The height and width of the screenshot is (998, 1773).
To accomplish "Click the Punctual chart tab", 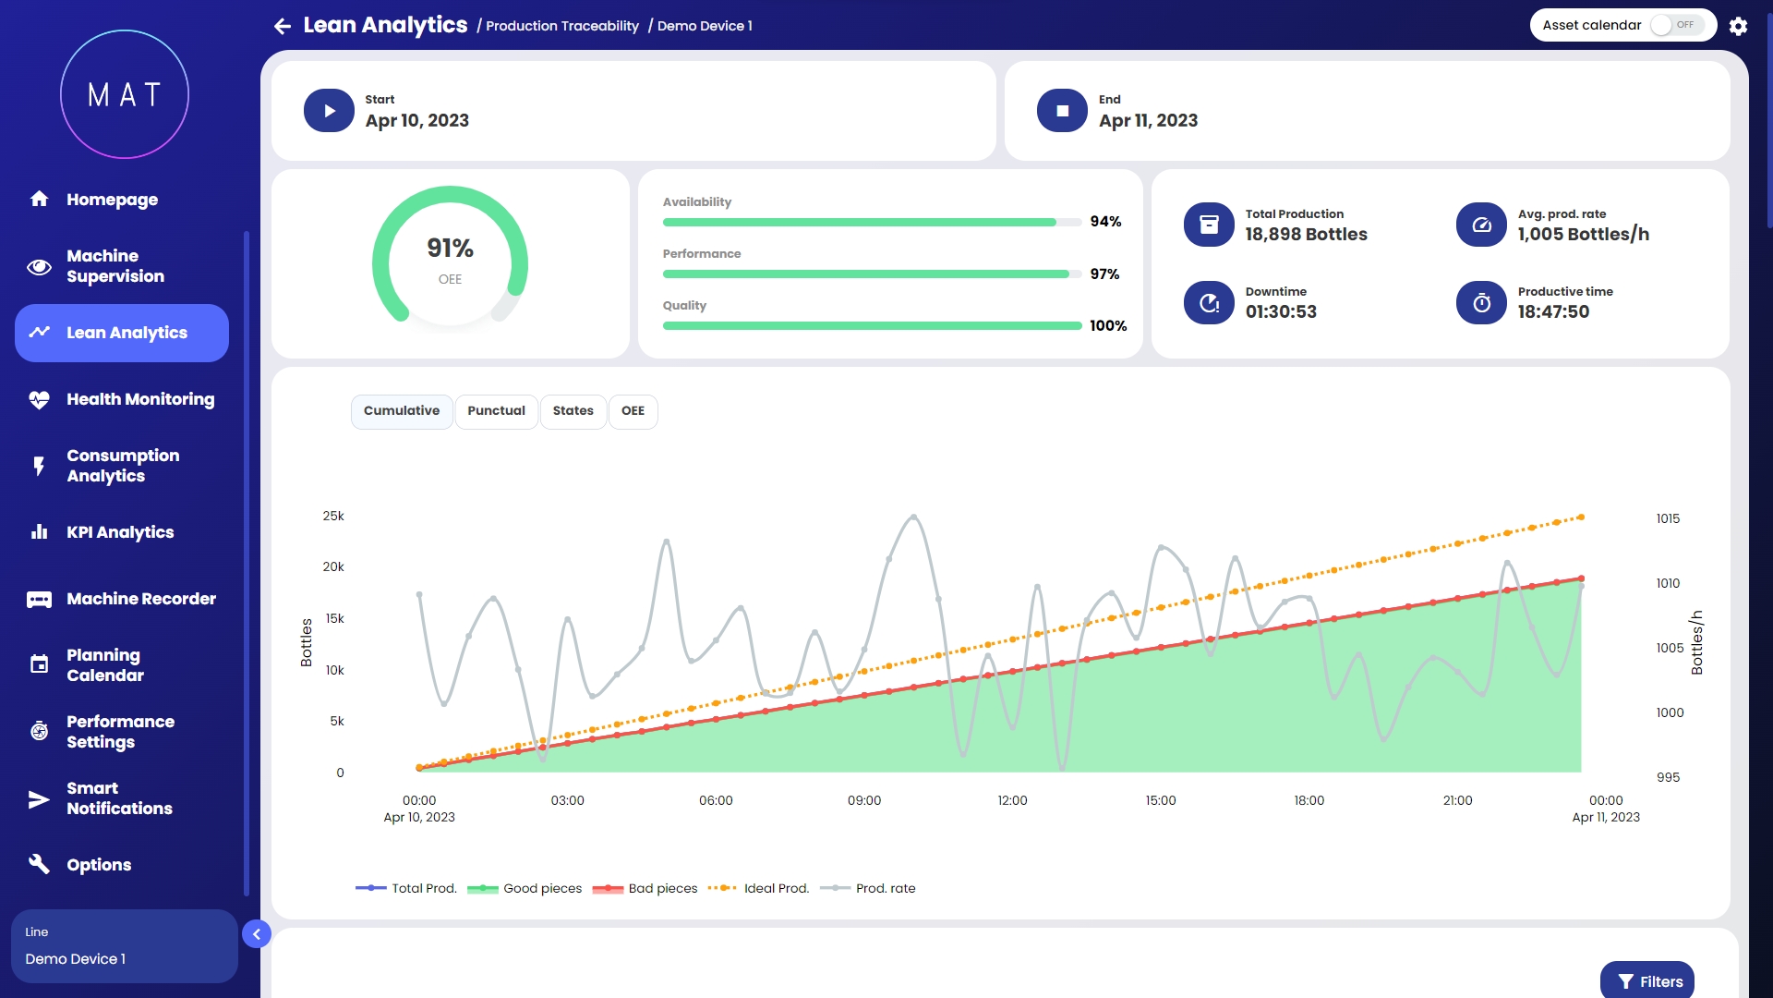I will pos(496,411).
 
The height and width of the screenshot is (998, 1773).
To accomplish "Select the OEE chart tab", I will pos(633,411).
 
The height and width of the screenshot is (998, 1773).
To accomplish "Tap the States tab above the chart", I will pos(573,411).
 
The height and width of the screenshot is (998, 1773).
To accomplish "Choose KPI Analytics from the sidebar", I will pos(120,532).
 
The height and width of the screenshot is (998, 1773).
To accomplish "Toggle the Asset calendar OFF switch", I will pos(1675,25).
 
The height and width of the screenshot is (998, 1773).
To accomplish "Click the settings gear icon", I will pos(1738,26).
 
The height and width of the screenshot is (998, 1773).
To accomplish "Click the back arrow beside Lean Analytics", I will pos(283,26).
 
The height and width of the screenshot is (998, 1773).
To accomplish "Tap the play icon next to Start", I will pos(329,111).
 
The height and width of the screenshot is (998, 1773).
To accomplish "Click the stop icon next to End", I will pos(1062,111).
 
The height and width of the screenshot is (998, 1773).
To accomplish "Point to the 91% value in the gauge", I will pos(450,248).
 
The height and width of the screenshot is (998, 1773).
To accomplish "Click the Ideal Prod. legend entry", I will pos(758,888).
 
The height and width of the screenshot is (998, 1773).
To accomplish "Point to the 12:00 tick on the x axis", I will pos(1012,800).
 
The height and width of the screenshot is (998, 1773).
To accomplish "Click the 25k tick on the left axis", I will pos(333,516).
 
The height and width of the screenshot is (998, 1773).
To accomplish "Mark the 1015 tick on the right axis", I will pos(1668,518).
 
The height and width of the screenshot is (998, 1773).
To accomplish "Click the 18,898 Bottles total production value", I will pos(1306,235).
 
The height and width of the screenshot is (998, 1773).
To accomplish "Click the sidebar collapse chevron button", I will pos(257,934).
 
